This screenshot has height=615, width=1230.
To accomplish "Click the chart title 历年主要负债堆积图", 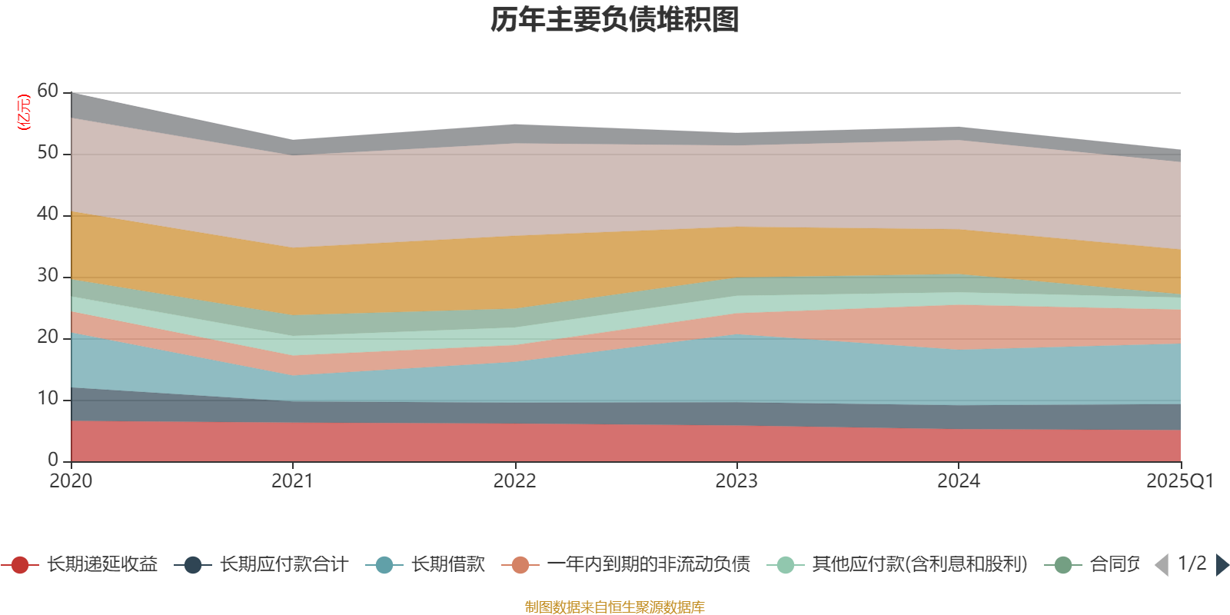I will [615, 20].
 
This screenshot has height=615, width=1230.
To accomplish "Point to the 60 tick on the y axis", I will [47, 91].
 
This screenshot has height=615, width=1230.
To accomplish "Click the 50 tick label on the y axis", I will [47, 153].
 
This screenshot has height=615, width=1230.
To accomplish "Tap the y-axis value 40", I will [47, 214].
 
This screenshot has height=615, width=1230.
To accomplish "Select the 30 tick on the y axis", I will [47, 276].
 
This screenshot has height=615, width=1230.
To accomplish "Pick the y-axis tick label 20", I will [47, 337].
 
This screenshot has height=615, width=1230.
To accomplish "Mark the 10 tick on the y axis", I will [47, 399].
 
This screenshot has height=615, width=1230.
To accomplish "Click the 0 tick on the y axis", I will [52, 460].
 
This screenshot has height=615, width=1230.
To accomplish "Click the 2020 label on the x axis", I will [71, 481].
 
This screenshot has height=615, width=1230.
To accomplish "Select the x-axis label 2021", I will [292, 481].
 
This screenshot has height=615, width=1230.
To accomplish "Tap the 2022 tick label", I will [514, 481].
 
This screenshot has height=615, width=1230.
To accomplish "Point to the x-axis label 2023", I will [736, 481].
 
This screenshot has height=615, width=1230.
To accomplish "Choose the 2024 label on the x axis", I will [958, 481].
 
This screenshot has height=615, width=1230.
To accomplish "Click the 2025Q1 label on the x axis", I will [1179, 481].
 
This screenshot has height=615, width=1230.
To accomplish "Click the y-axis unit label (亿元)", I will [24, 112].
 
